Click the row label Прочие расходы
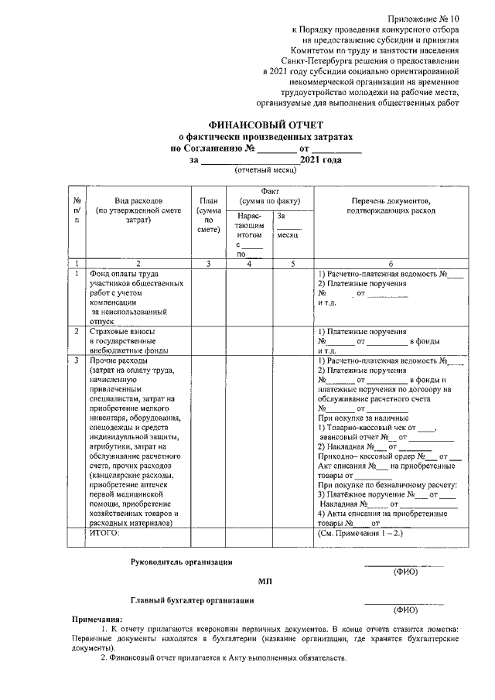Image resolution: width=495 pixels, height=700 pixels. point(114,360)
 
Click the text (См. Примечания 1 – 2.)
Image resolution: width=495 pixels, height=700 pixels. point(360,534)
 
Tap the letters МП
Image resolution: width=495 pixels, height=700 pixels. point(265,581)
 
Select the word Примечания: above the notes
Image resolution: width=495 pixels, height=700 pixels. point(97,620)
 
